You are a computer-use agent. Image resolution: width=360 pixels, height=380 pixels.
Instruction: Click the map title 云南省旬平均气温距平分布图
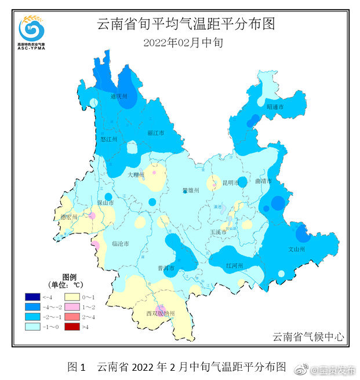coord(185,24)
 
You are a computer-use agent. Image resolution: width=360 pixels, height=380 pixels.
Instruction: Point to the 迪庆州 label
coord(119,97)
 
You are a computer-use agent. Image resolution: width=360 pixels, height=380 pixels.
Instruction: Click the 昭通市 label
coord(275,107)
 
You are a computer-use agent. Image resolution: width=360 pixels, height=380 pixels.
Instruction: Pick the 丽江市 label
coord(156,133)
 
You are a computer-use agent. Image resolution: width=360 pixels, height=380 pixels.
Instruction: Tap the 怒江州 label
coord(109,140)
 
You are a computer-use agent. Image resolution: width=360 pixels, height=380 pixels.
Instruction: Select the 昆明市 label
coord(231,183)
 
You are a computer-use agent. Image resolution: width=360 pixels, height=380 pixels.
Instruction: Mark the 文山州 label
coord(296,249)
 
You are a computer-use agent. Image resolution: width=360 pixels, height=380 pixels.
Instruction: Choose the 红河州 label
coord(234,265)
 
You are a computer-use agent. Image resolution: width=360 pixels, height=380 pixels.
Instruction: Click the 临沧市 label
coord(120,244)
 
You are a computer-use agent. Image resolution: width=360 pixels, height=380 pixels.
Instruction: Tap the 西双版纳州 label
coord(161,313)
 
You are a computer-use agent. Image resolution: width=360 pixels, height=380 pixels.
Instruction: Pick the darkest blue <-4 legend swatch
coord(32,297)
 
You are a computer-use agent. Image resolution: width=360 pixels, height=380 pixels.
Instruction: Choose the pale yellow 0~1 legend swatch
coord(71,297)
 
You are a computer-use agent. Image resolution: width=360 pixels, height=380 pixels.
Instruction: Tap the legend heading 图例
coord(69,277)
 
